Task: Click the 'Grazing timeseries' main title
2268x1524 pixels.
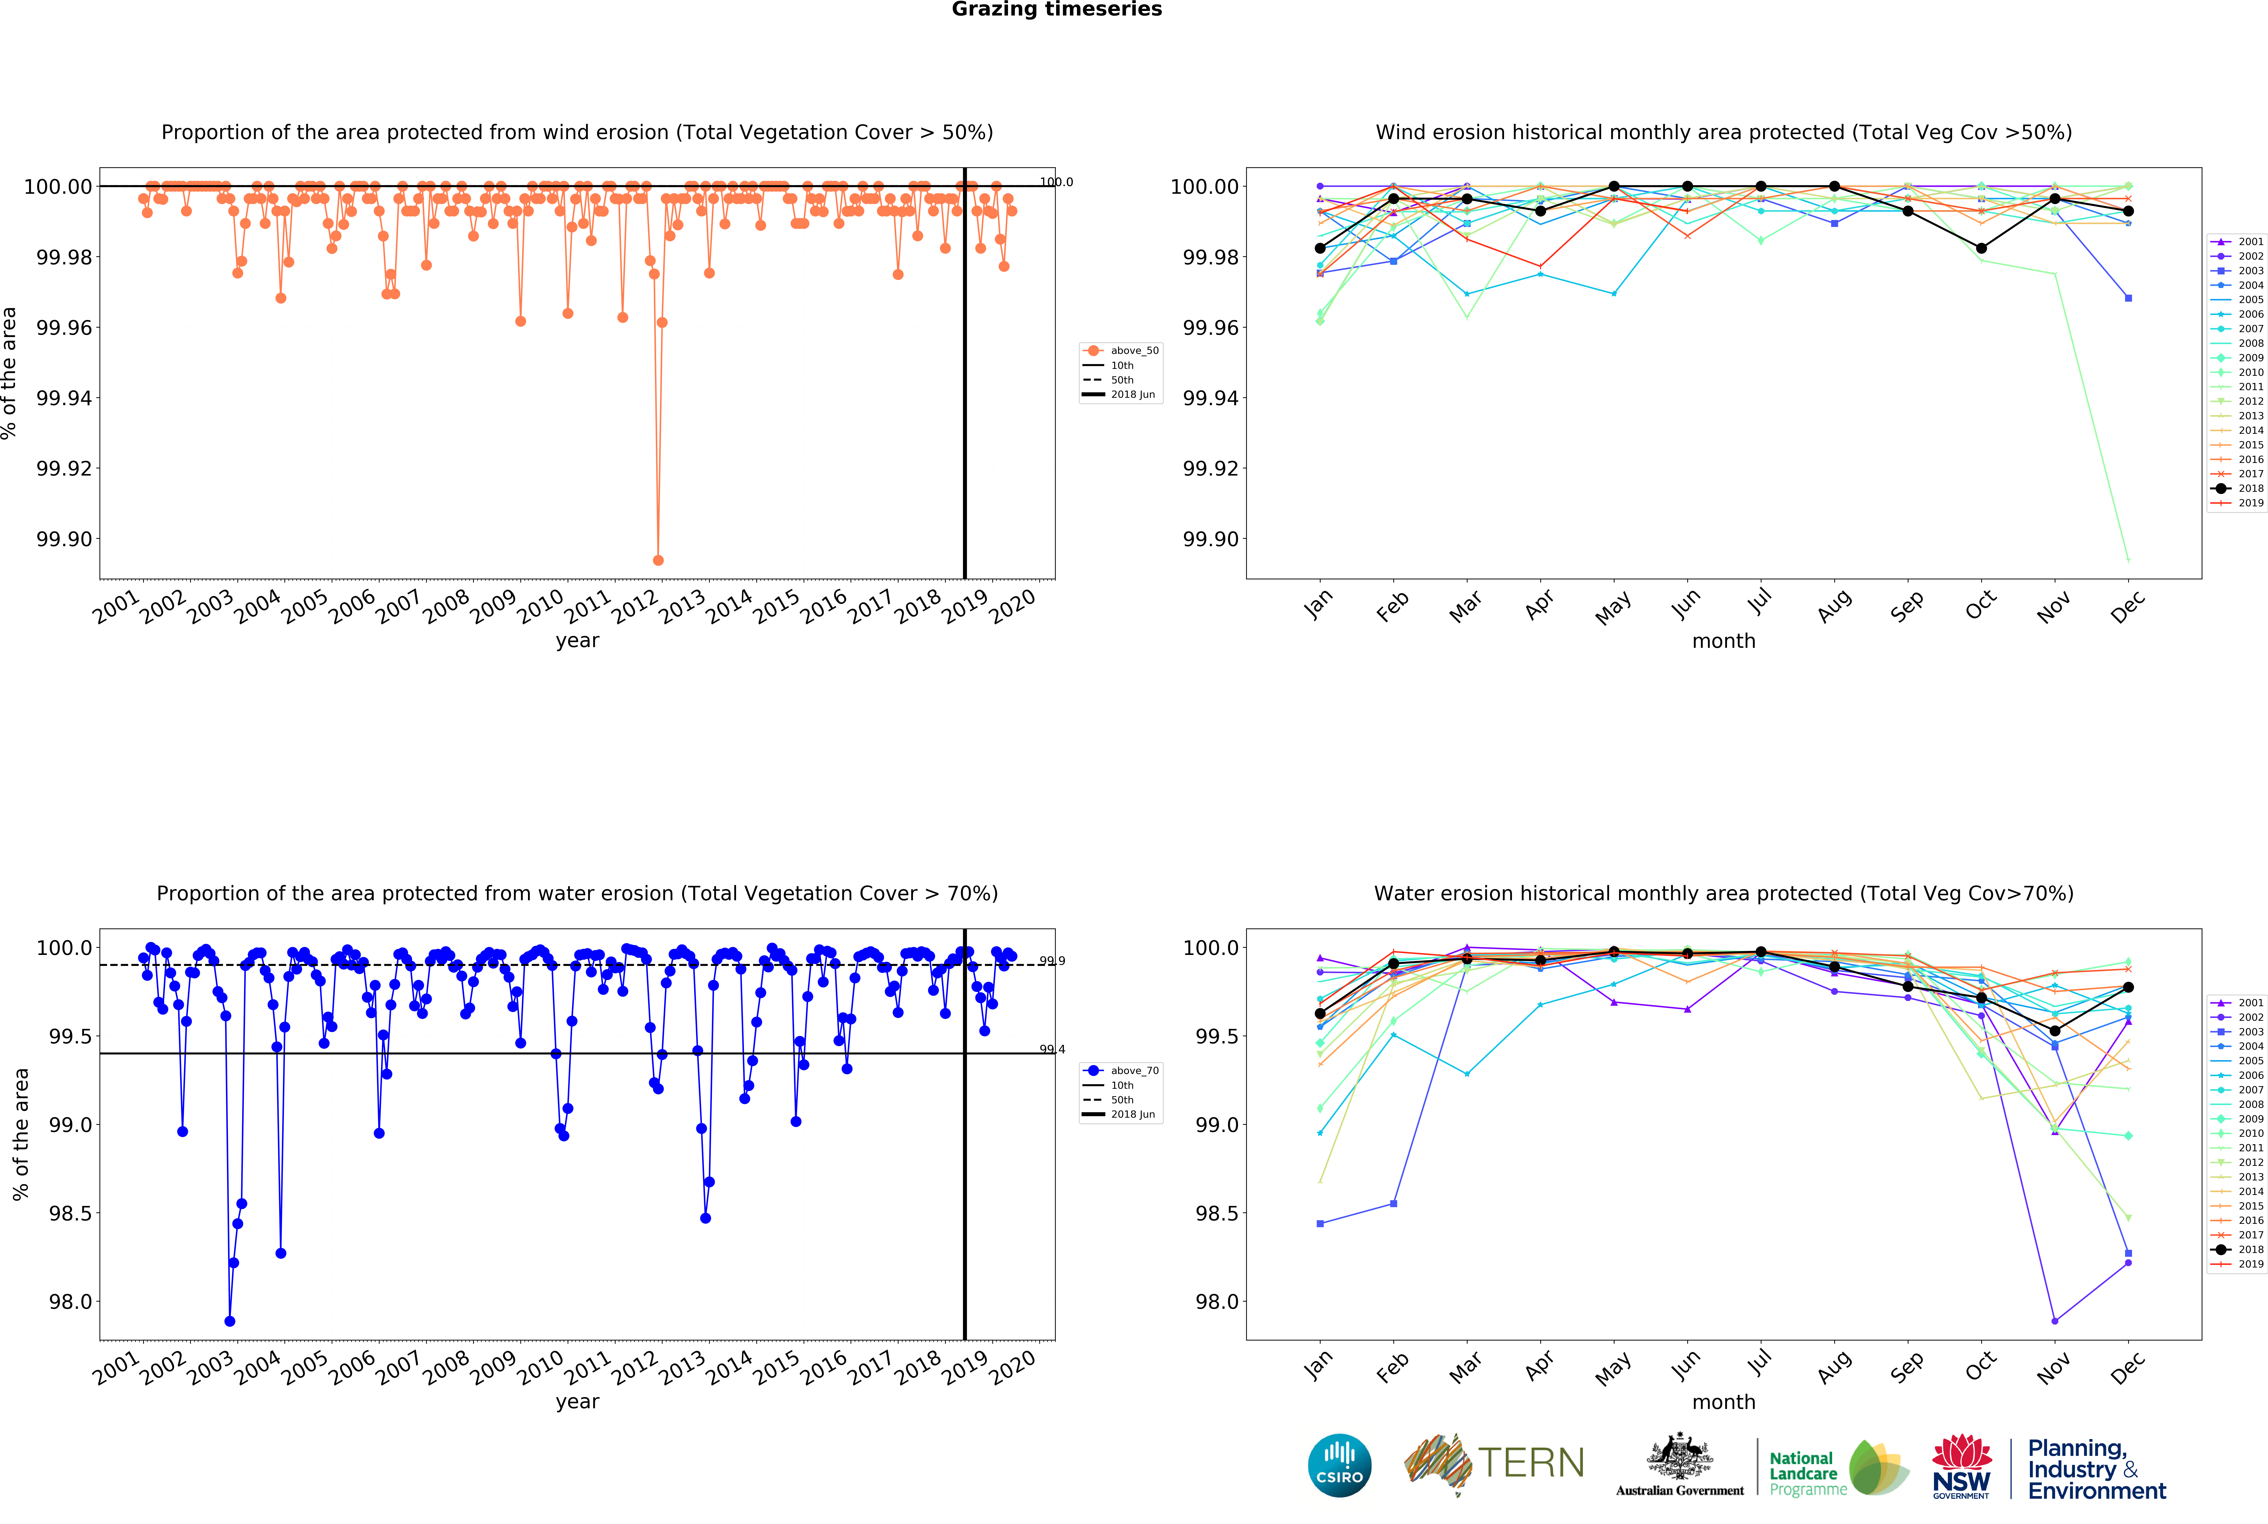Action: (x=1056, y=10)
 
